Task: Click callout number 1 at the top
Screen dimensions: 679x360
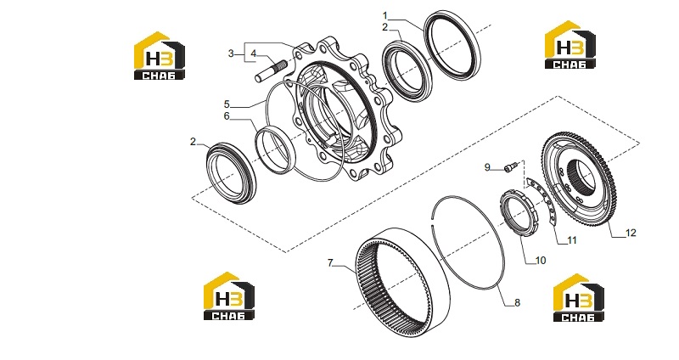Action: [x=385, y=16]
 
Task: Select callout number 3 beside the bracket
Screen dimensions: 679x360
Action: [x=231, y=53]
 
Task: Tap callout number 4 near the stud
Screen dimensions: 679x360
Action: [x=254, y=53]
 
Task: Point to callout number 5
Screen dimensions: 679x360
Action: [x=227, y=104]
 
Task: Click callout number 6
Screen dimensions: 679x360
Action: [x=227, y=116]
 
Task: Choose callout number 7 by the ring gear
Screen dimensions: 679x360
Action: [x=330, y=262]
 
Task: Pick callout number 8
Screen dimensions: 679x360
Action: [x=517, y=302]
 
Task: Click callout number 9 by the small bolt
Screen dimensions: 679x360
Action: [x=487, y=167]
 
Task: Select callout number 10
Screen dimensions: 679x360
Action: [x=541, y=261]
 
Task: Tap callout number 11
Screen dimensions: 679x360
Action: [x=572, y=240]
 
